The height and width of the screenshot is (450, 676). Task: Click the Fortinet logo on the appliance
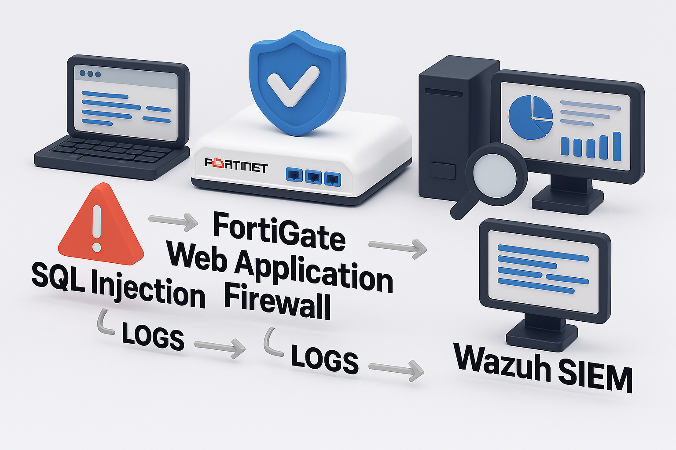pos(236,166)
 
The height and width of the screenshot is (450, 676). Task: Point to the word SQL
pos(58,279)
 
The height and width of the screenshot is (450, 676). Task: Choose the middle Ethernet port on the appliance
pos(313,177)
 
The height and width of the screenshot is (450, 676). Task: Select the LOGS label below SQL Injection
pos(153,336)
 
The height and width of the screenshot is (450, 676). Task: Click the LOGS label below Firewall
pos(325,360)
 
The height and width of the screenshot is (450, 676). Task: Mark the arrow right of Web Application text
pos(398,248)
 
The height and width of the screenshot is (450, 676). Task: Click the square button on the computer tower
pos(443,170)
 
